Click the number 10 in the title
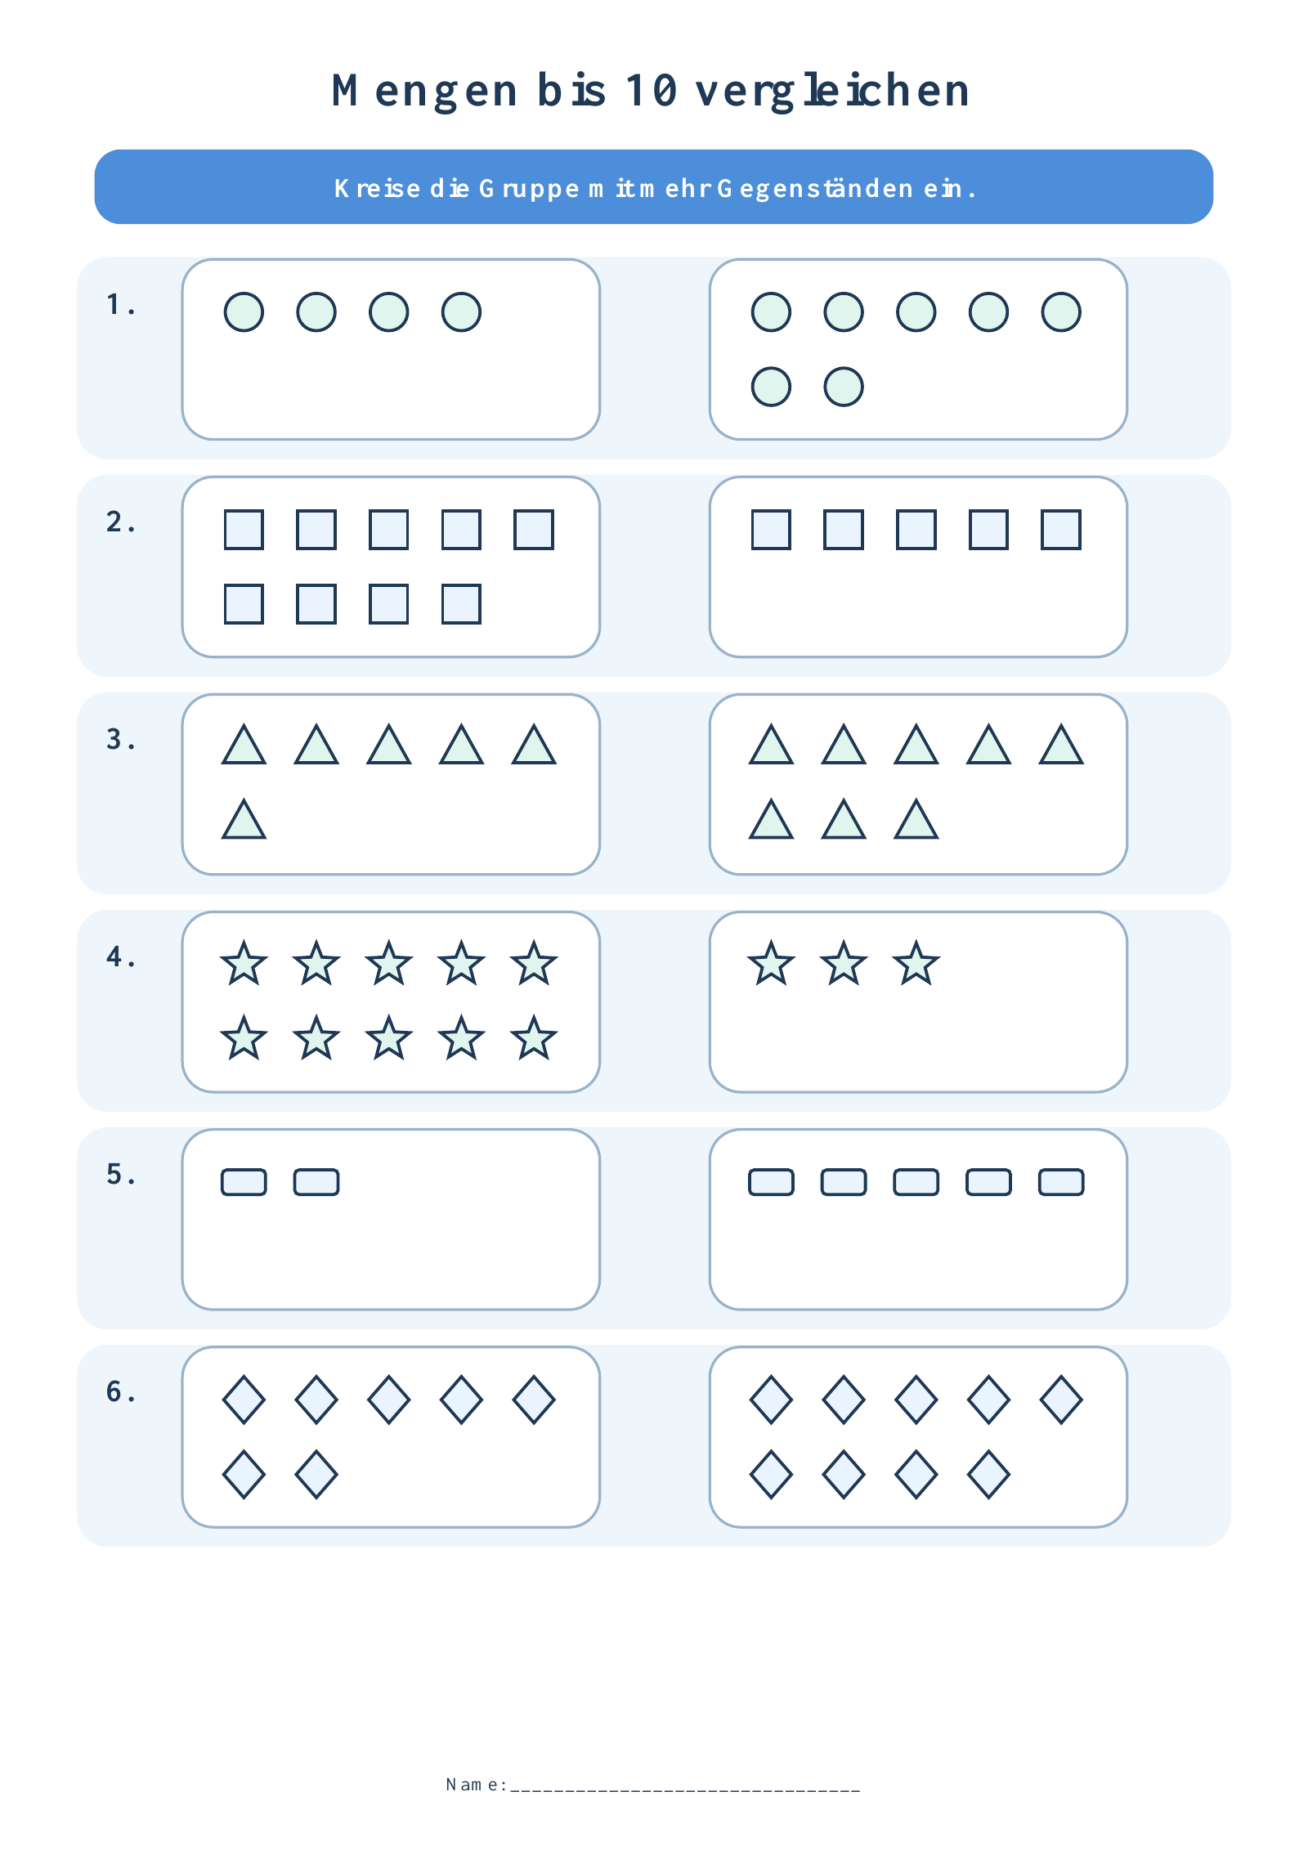[x=652, y=90]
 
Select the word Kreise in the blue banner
[x=377, y=188]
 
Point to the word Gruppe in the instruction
[x=529, y=189]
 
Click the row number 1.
[x=120, y=304]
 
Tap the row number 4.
[x=120, y=956]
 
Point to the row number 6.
[x=120, y=1391]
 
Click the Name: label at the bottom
[x=477, y=1785]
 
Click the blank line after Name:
[x=685, y=1790]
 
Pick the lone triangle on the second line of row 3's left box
[x=244, y=819]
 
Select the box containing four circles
[x=391, y=350]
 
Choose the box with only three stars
[x=918, y=1002]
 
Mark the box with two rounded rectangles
[x=391, y=1220]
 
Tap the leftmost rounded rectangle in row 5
[x=244, y=1182]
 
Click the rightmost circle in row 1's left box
[x=461, y=312]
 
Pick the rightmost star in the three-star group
[x=916, y=963]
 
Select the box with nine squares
[x=391, y=567]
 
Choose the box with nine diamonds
[x=918, y=1437]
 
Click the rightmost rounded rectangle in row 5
[x=1061, y=1182]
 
